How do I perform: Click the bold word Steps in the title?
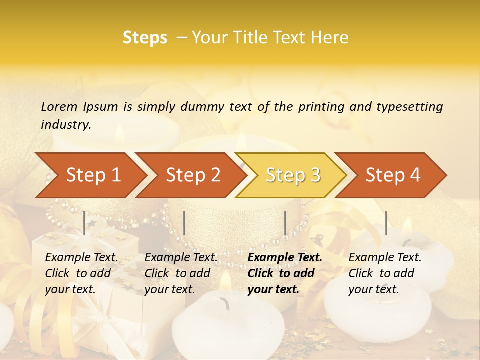[145, 38]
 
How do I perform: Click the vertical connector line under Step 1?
[84, 223]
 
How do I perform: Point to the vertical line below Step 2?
[184, 223]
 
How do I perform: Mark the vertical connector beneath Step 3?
[285, 223]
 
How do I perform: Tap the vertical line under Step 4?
[386, 223]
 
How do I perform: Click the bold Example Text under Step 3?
[284, 273]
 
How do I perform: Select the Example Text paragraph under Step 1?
[81, 273]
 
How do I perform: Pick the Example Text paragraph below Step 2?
[180, 273]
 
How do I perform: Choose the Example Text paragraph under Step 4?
[384, 273]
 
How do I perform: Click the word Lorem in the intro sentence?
[59, 106]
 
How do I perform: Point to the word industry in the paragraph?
[65, 125]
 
